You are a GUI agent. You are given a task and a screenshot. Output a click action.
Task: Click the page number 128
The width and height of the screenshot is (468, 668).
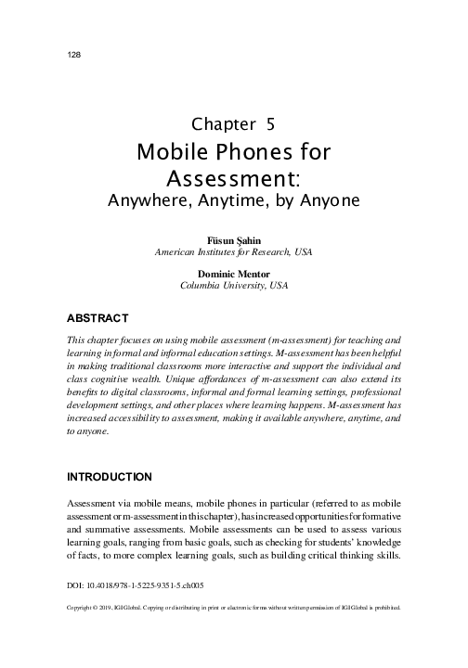[x=75, y=55]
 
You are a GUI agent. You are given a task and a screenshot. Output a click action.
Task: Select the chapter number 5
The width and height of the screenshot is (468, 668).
[x=268, y=123]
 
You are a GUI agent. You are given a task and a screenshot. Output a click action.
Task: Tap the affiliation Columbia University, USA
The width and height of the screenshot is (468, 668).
[x=234, y=286]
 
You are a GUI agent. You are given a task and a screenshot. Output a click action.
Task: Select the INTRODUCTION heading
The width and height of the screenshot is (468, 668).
[x=108, y=477]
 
